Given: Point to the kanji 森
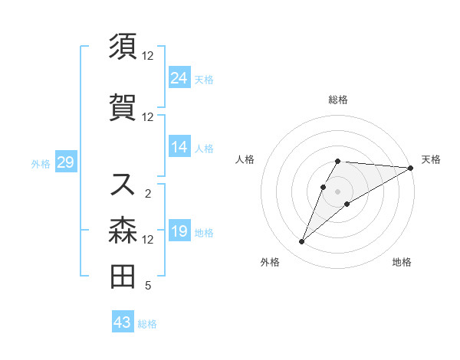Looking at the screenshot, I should [123, 229].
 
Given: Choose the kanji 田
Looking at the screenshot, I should [123, 276].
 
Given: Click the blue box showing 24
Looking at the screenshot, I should [179, 78].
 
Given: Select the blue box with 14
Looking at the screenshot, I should [179, 147].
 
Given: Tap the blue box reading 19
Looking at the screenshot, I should [179, 231].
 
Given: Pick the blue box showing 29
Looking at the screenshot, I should [65, 162].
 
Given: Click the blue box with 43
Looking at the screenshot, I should [123, 322].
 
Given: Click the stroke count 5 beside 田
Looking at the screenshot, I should [147, 286].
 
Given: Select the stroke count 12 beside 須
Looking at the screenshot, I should [147, 56].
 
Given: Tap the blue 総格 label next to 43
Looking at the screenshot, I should [147, 324].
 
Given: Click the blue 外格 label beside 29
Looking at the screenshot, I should [41, 163].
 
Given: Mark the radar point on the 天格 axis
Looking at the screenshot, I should [411, 169].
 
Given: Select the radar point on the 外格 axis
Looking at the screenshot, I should [302, 242].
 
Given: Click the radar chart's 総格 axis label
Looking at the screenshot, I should [337, 100].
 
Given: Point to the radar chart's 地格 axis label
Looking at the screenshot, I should [402, 262].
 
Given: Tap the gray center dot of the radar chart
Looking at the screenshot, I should [337, 191].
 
